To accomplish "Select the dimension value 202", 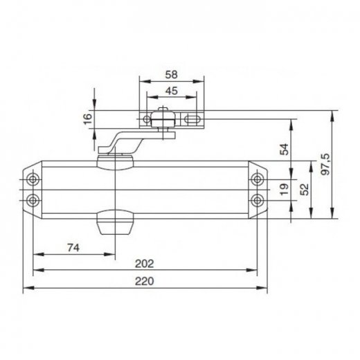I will (x=145, y=263).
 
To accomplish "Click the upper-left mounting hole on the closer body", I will (x=33, y=180).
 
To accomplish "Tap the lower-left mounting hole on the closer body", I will (x=33, y=200).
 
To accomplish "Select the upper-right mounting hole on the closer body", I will (x=258, y=180).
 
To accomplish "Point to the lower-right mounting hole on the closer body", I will (x=258, y=200).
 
